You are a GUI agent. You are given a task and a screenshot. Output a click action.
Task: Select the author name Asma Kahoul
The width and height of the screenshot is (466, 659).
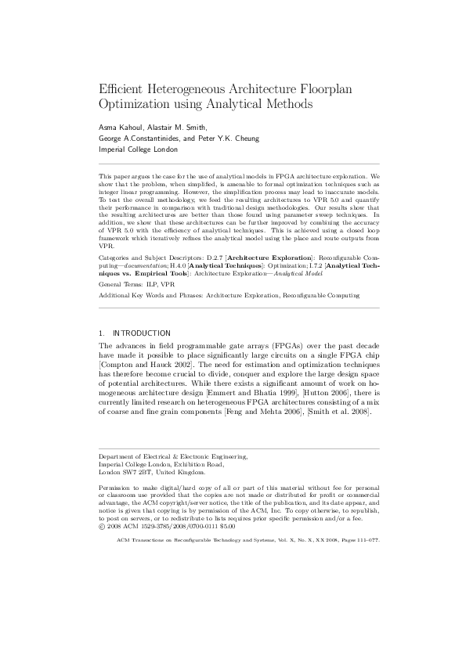pos(120,127)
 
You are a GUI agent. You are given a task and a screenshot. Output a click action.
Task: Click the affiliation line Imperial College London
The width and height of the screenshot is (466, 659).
pos(138,149)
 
